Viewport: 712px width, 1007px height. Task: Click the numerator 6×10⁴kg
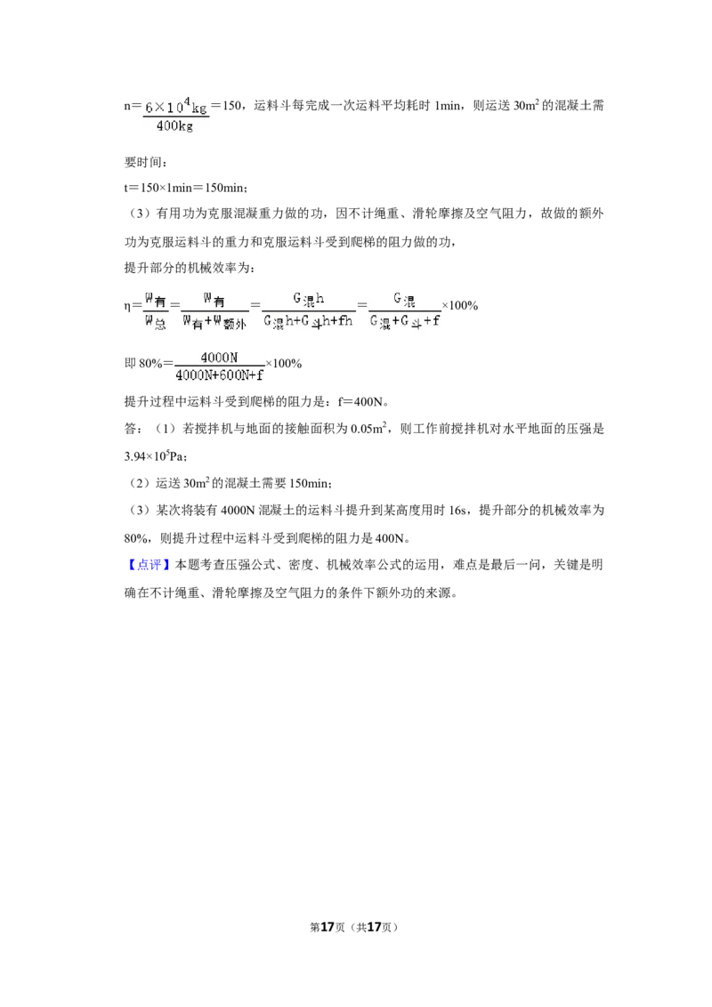[176, 107]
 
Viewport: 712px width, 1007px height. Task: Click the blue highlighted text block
[150, 565]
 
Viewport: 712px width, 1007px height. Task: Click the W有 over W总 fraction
[156, 310]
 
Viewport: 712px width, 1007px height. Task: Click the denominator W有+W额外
[214, 323]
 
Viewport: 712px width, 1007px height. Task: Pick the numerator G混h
[308, 299]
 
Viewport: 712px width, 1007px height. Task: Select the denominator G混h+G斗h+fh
[308, 322]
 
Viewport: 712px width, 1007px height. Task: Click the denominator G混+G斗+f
[405, 322]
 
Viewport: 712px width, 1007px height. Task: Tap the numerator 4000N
[219, 358]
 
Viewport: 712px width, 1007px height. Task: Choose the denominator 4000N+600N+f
[220, 376]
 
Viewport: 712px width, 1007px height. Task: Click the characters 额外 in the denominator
[234, 325]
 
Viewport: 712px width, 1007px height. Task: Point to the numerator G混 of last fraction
[405, 299]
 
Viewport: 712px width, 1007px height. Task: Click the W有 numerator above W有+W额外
[214, 299]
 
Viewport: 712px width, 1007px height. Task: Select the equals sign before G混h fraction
[255, 305]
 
